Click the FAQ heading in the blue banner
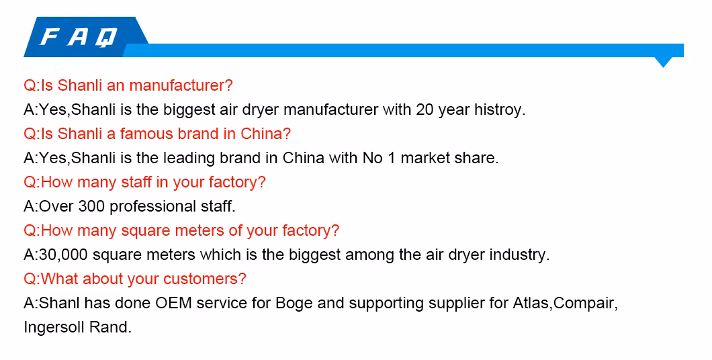pyautogui.click(x=79, y=37)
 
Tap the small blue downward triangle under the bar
pyautogui.click(x=664, y=62)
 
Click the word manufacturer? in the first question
pyautogui.click(x=181, y=85)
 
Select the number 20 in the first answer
pyautogui.click(x=425, y=110)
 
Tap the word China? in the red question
pyautogui.click(x=265, y=134)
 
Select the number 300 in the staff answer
pyautogui.click(x=92, y=206)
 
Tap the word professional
pyautogui.click(x=153, y=207)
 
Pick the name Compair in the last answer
pyautogui.click(x=586, y=304)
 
